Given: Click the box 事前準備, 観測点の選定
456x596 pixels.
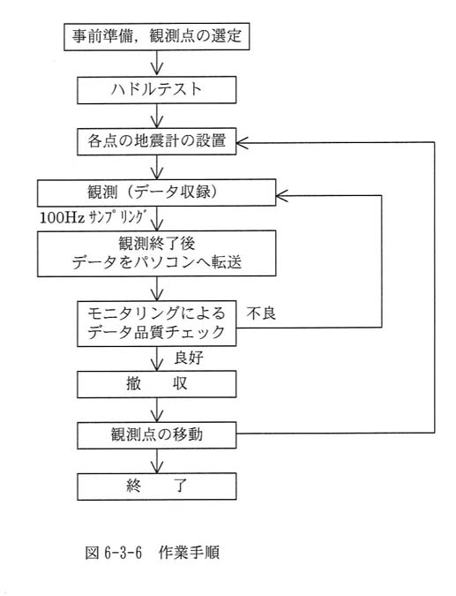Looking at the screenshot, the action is [x=156, y=36].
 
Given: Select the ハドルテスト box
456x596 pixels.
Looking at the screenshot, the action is [x=156, y=90].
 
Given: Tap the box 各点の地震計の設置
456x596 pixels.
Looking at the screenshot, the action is [x=156, y=141].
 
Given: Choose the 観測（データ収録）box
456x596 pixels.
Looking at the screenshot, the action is [x=156, y=192].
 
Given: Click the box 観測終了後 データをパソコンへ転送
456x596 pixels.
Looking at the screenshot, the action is [x=156, y=253].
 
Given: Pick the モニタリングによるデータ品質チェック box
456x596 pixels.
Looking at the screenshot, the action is [x=156, y=323].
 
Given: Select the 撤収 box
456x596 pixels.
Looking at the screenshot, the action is [x=156, y=384].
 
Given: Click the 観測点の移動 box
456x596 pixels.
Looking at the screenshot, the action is [x=156, y=435].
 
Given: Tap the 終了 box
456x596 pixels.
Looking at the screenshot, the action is [x=156, y=487].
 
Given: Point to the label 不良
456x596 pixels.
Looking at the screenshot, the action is [x=261, y=313].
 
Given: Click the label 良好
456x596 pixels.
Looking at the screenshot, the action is [x=189, y=358].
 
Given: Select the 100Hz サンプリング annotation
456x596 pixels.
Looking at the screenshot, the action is [x=93, y=217].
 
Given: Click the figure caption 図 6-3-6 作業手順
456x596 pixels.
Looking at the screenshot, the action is [x=153, y=552].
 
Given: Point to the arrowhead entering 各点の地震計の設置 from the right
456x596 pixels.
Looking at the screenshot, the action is [x=242, y=142].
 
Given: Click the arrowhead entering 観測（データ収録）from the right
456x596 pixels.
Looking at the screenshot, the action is [x=281, y=195].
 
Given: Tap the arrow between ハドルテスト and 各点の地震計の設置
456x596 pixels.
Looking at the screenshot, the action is [x=156, y=116].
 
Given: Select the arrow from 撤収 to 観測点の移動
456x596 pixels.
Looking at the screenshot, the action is [x=156, y=410].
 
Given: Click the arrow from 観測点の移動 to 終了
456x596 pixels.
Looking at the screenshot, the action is [x=156, y=461].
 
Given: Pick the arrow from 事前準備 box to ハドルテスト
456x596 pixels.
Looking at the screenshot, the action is [x=156, y=63].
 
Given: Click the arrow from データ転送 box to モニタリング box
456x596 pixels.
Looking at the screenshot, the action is [x=156, y=289].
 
